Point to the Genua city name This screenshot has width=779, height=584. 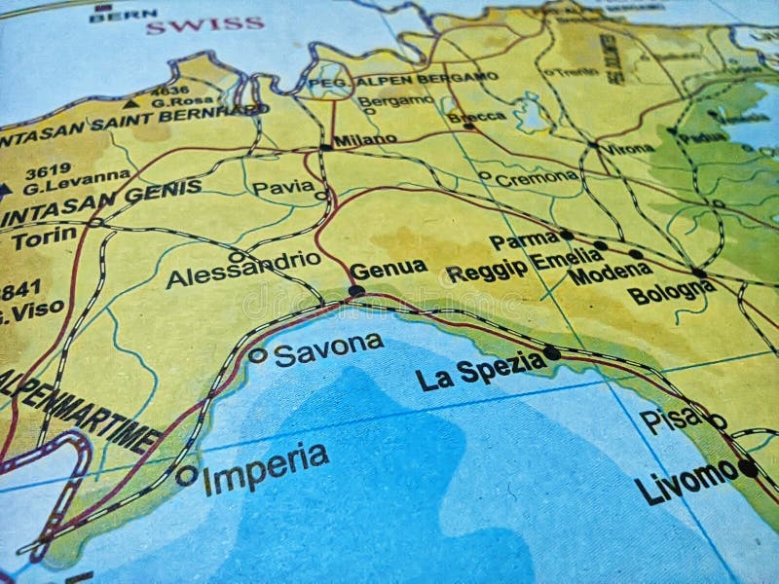[388, 269]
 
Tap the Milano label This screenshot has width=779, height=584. [365, 140]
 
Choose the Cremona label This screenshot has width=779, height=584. [537, 178]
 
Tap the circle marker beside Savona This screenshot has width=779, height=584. [257, 355]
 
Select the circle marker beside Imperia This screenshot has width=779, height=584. [186, 476]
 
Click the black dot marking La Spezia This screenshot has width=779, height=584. [552, 352]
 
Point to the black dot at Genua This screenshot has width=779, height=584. [356, 290]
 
